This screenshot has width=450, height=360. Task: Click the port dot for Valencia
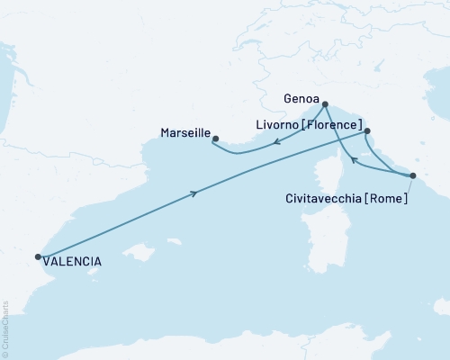pos(38,256)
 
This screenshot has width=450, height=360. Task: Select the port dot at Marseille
pos(214,139)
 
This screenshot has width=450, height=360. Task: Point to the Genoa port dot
pos(325,103)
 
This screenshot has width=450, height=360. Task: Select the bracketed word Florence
pos(333,124)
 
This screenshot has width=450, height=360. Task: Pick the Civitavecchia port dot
pos(412,175)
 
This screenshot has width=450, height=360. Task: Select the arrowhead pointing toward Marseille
pos(276,141)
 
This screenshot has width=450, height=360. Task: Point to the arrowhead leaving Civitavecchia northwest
pos(354,161)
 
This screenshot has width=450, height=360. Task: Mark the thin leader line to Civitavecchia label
pos(405,186)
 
